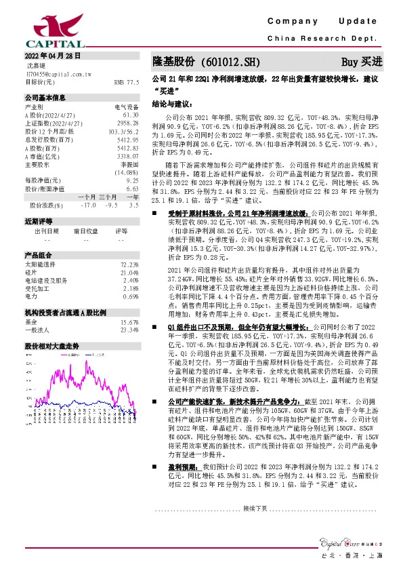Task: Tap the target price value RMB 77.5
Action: point(127,81)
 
